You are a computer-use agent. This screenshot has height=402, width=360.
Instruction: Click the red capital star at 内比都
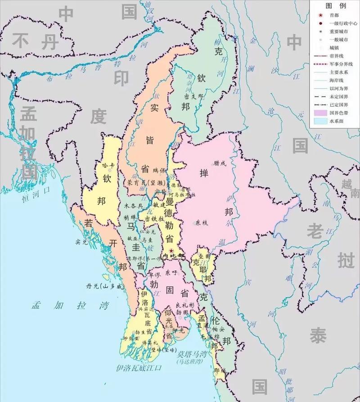pos(171,250)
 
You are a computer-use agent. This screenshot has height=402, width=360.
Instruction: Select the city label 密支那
pos(194,96)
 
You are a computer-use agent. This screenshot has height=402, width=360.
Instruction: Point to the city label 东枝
pos(202,222)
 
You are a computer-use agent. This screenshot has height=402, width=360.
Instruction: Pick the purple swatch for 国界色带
pos(320,113)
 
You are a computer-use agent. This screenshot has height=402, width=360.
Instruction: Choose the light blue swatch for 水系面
pos(320,121)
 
